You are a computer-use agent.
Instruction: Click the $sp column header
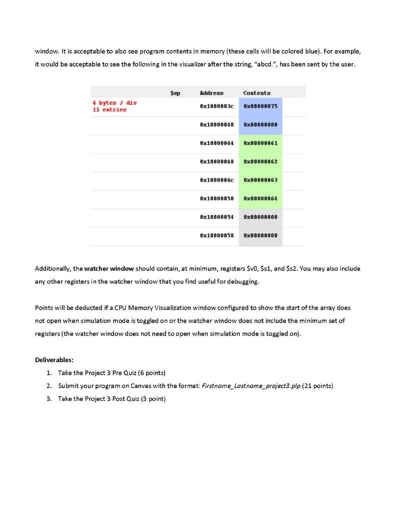point(175,93)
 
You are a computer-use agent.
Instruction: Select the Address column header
point(212,93)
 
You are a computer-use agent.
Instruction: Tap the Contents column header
point(257,93)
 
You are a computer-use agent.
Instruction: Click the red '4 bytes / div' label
point(115,103)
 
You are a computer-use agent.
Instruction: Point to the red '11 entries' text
point(109,110)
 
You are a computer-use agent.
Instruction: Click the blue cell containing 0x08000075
point(260,106)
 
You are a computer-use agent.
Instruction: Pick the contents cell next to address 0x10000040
point(260,125)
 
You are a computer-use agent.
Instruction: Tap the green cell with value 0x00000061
point(260,143)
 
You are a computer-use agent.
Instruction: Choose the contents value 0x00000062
point(260,162)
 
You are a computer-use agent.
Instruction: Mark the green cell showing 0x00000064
point(260,198)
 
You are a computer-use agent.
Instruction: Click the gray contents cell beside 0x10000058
point(260,235)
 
